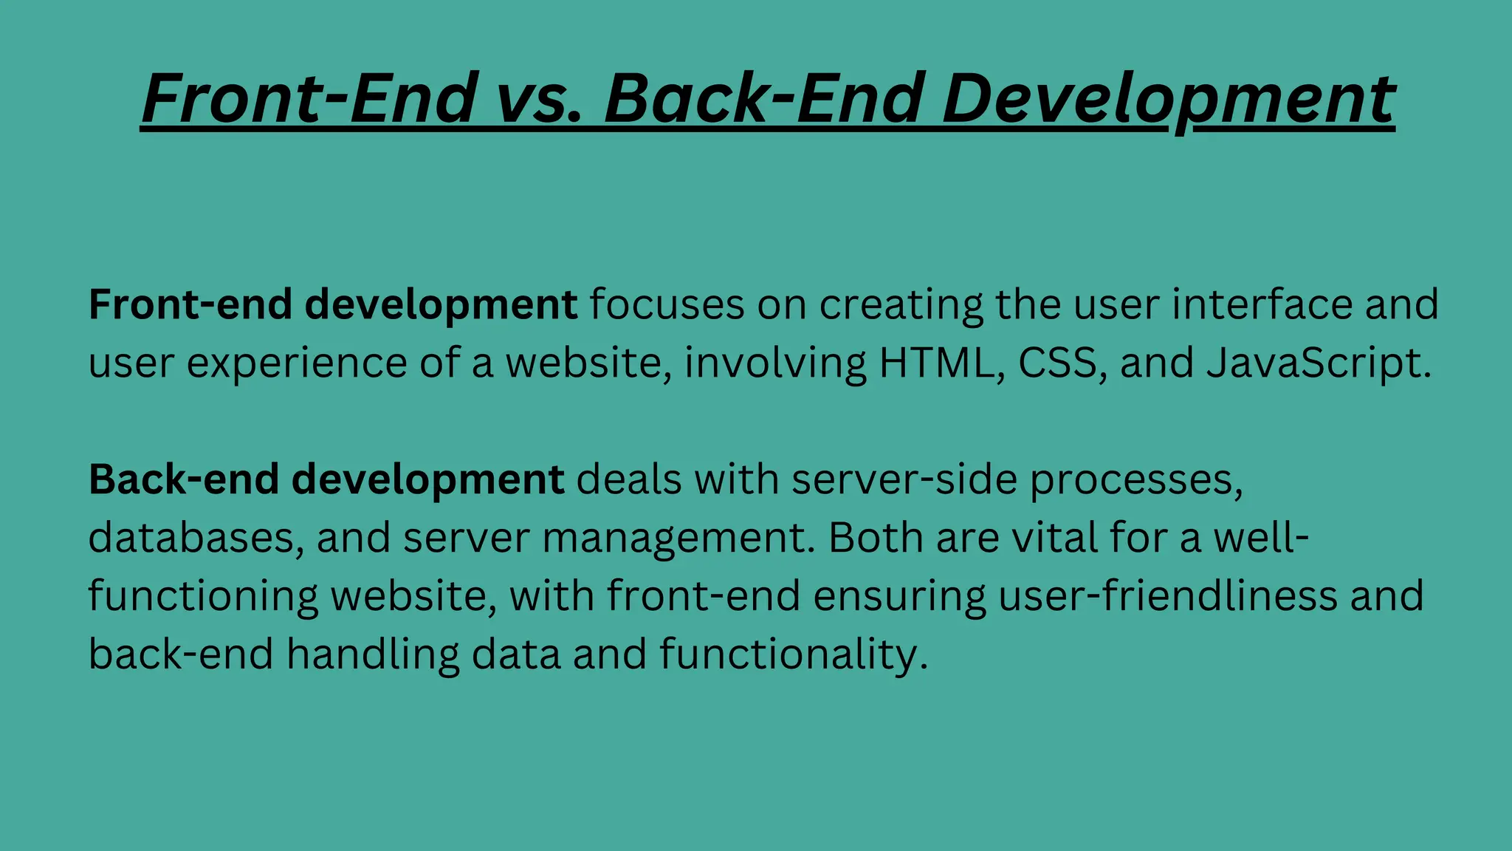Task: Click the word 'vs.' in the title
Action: pos(538,98)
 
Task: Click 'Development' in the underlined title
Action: pos(1168,98)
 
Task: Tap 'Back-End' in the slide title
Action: pos(764,98)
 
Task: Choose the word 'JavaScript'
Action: pos(1317,363)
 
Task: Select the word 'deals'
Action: pos(628,479)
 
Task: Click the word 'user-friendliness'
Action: pos(1167,595)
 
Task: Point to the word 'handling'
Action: pos(372,655)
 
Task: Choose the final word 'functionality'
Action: pos(791,655)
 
